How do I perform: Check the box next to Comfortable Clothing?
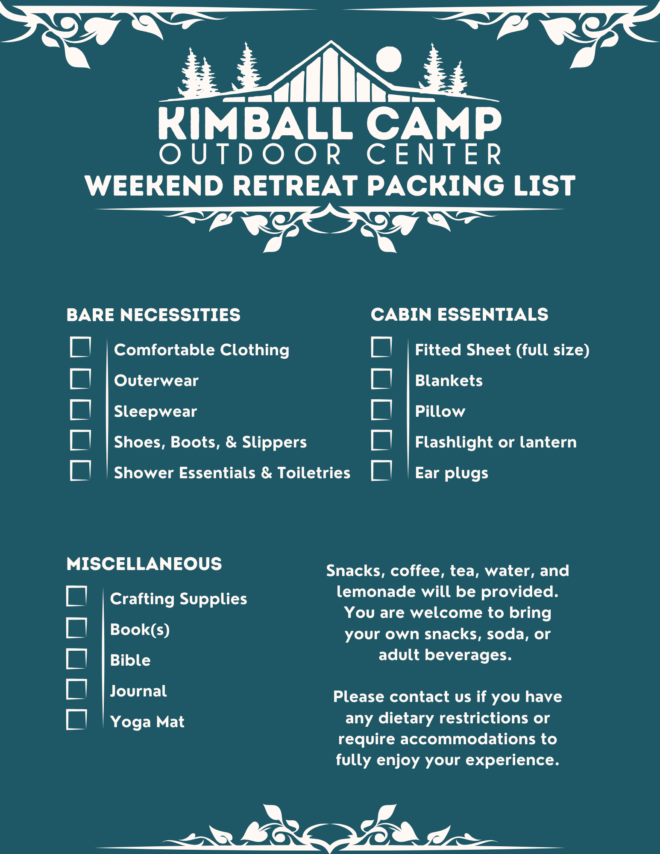click(80, 347)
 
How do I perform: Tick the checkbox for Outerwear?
click(80, 379)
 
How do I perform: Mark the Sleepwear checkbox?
click(80, 409)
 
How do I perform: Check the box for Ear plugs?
click(381, 471)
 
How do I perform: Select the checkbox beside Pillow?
click(381, 409)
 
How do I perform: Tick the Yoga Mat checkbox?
click(76, 719)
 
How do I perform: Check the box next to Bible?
click(76, 658)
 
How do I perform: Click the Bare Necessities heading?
click(153, 315)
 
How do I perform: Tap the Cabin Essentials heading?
click(460, 315)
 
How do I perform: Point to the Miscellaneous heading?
click(144, 564)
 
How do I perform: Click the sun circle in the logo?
click(389, 59)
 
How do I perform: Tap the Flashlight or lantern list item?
click(496, 442)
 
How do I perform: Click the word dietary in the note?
click(406, 718)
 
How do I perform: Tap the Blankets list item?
click(449, 380)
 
